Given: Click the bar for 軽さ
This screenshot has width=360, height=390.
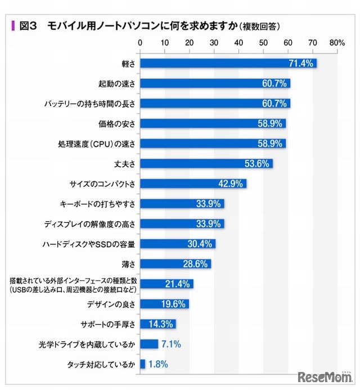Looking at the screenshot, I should coord(228,63).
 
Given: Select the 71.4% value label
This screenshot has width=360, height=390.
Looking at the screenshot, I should coord(300,63).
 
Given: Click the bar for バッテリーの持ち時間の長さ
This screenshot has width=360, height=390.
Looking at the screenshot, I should coord(215,104).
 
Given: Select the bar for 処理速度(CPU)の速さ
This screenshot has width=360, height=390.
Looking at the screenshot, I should coord(213,144).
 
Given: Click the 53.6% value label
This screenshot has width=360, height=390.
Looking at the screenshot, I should coord(256,164).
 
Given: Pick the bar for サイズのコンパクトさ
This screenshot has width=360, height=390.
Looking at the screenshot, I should coord(193,183).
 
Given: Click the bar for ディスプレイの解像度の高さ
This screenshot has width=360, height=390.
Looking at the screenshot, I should coord(182,223).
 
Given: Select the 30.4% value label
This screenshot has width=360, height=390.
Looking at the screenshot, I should coord(199,244).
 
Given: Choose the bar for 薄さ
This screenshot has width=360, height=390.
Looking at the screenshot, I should coord(175,264).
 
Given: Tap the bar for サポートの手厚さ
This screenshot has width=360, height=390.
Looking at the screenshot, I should coord(157,324).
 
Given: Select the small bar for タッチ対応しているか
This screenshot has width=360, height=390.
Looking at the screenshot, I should coord(142,364).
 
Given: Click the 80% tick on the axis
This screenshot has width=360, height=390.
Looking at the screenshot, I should coord(337,42).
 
